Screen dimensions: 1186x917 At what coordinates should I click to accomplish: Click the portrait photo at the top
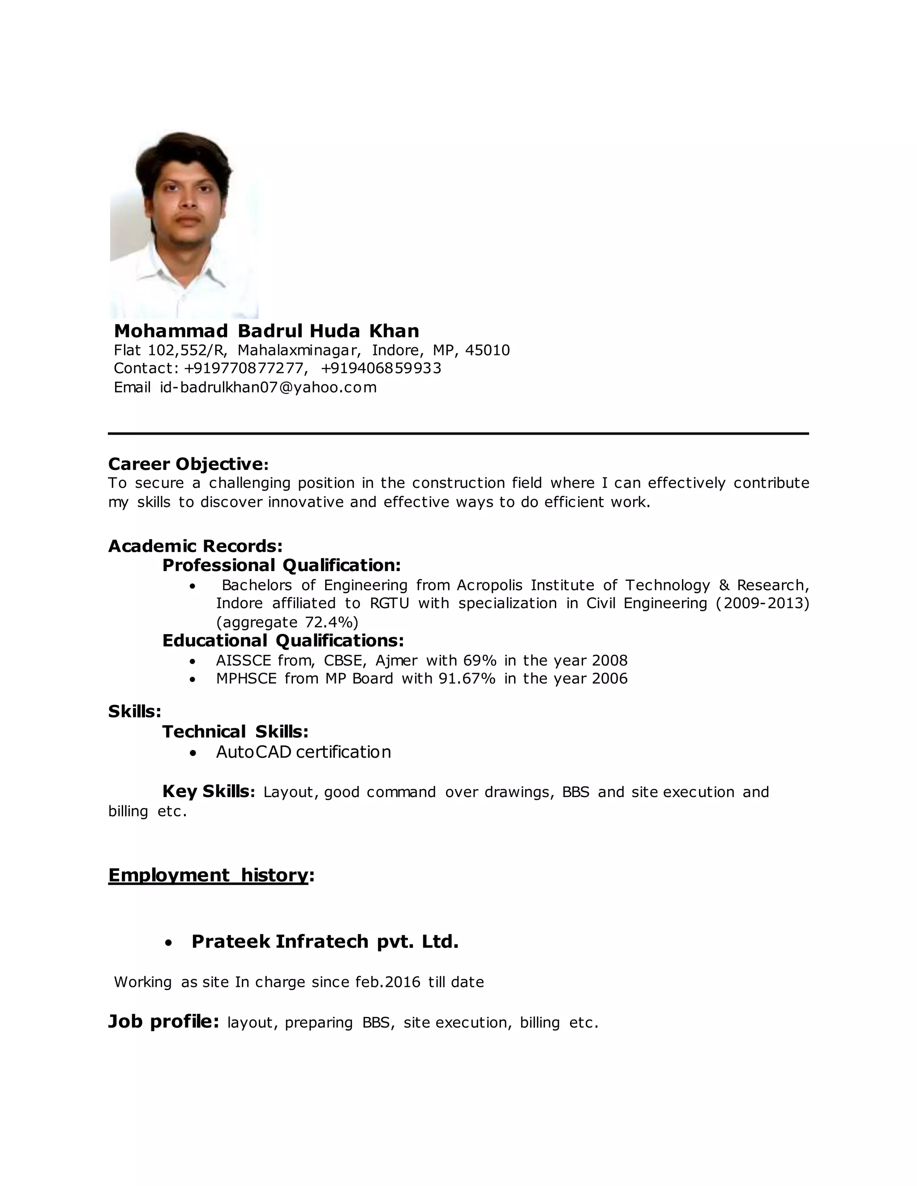[184, 224]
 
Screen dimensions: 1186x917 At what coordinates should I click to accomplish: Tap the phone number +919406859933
[381, 368]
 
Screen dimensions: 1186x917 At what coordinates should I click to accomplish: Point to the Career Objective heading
[188, 464]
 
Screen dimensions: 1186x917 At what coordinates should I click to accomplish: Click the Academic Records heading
[195, 546]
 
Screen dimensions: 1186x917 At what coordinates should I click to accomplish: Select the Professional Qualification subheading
[281, 565]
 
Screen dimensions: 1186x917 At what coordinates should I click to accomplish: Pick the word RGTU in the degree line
[389, 603]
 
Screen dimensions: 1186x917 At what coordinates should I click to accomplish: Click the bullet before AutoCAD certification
[192, 753]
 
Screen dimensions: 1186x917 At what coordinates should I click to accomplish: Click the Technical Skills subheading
[235, 732]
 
